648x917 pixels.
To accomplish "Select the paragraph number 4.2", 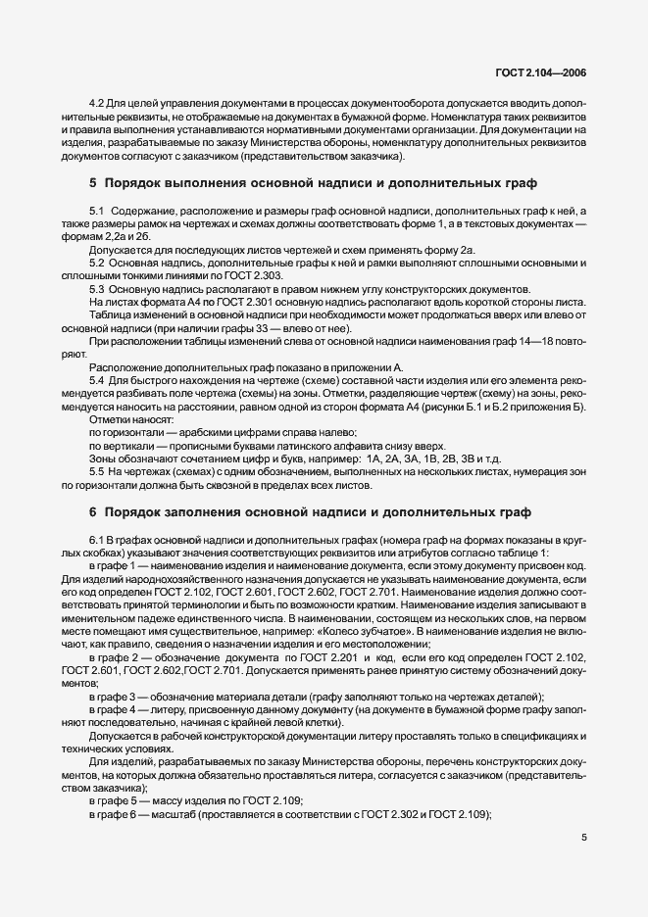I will [x=96, y=103].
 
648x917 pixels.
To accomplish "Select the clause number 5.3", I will [x=96, y=290].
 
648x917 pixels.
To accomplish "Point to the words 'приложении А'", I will [x=373, y=366].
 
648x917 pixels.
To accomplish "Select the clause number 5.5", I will [x=96, y=471].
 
